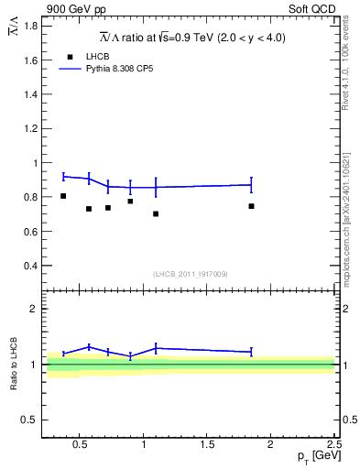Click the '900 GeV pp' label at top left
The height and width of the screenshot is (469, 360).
[x=72, y=9]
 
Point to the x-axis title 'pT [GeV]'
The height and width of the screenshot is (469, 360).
[x=314, y=456]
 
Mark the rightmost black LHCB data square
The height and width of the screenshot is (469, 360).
[x=251, y=206]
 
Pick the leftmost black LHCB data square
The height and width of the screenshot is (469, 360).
[x=63, y=196]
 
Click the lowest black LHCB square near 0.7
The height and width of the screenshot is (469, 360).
[x=156, y=214]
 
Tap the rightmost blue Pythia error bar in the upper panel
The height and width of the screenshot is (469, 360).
[x=251, y=185]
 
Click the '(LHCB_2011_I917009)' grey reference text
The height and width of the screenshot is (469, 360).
[x=190, y=274]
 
